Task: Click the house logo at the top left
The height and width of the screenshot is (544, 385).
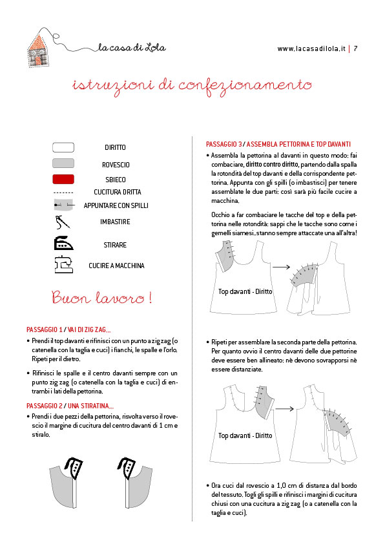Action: point(39,48)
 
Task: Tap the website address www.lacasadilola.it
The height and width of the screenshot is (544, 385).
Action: point(311,49)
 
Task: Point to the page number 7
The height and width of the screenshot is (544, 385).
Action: point(355,48)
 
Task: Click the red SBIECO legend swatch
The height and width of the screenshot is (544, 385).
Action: point(63,179)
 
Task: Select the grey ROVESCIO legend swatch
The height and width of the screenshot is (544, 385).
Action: point(63,163)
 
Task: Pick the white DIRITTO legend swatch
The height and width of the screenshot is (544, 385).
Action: point(63,147)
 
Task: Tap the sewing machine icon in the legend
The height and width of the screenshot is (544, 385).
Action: point(63,264)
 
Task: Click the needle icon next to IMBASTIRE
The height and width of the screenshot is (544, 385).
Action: point(63,222)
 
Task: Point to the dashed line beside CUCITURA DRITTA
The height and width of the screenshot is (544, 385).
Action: point(63,193)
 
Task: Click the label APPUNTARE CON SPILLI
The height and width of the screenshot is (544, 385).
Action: point(116,205)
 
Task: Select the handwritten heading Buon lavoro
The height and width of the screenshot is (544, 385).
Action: point(101,298)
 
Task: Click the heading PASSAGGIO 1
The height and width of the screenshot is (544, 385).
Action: point(45,330)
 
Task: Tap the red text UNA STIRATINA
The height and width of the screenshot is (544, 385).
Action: point(90,406)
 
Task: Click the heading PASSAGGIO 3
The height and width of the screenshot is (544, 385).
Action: point(224,144)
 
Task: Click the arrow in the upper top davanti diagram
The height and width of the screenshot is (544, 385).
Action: point(281,267)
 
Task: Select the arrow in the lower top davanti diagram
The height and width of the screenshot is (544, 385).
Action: point(284,409)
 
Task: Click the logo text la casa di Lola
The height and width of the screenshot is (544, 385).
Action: point(132,47)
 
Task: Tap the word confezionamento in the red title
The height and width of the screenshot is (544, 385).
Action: point(245,86)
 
